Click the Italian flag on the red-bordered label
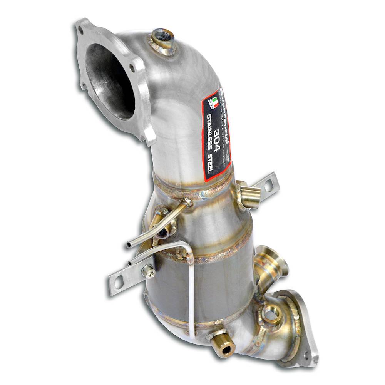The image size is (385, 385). (x=213, y=102)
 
